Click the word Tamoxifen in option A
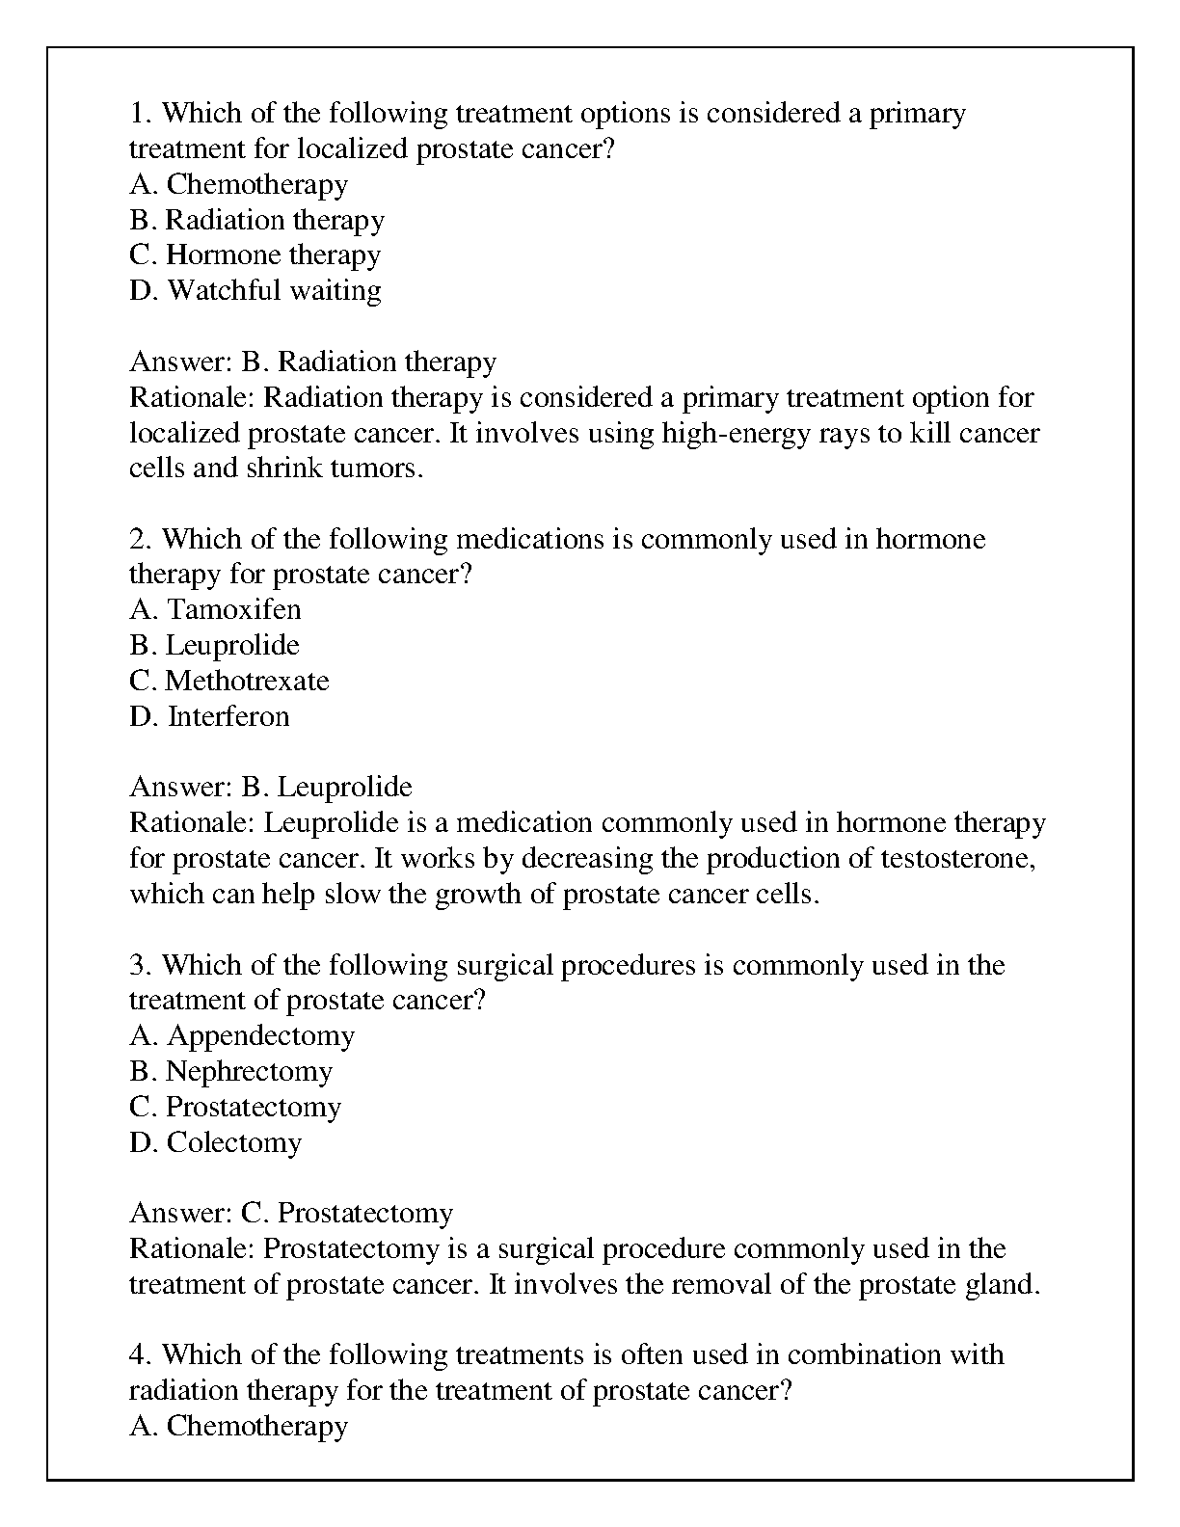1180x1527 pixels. (x=234, y=610)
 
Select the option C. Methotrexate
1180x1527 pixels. (x=229, y=682)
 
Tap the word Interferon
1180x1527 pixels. (x=228, y=717)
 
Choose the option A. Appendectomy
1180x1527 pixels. (x=242, y=1036)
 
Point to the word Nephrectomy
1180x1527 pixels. (x=249, y=1072)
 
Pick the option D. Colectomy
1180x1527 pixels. (x=215, y=1143)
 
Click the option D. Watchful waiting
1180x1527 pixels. (x=255, y=291)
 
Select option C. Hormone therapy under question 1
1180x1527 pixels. (x=255, y=255)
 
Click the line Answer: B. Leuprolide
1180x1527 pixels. (x=271, y=788)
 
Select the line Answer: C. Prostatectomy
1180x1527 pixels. (x=291, y=1214)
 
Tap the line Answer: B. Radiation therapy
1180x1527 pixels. (x=313, y=362)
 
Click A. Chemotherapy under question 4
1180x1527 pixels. (x=239, y=1427)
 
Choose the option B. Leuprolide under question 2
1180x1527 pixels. (x=214, y=646)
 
